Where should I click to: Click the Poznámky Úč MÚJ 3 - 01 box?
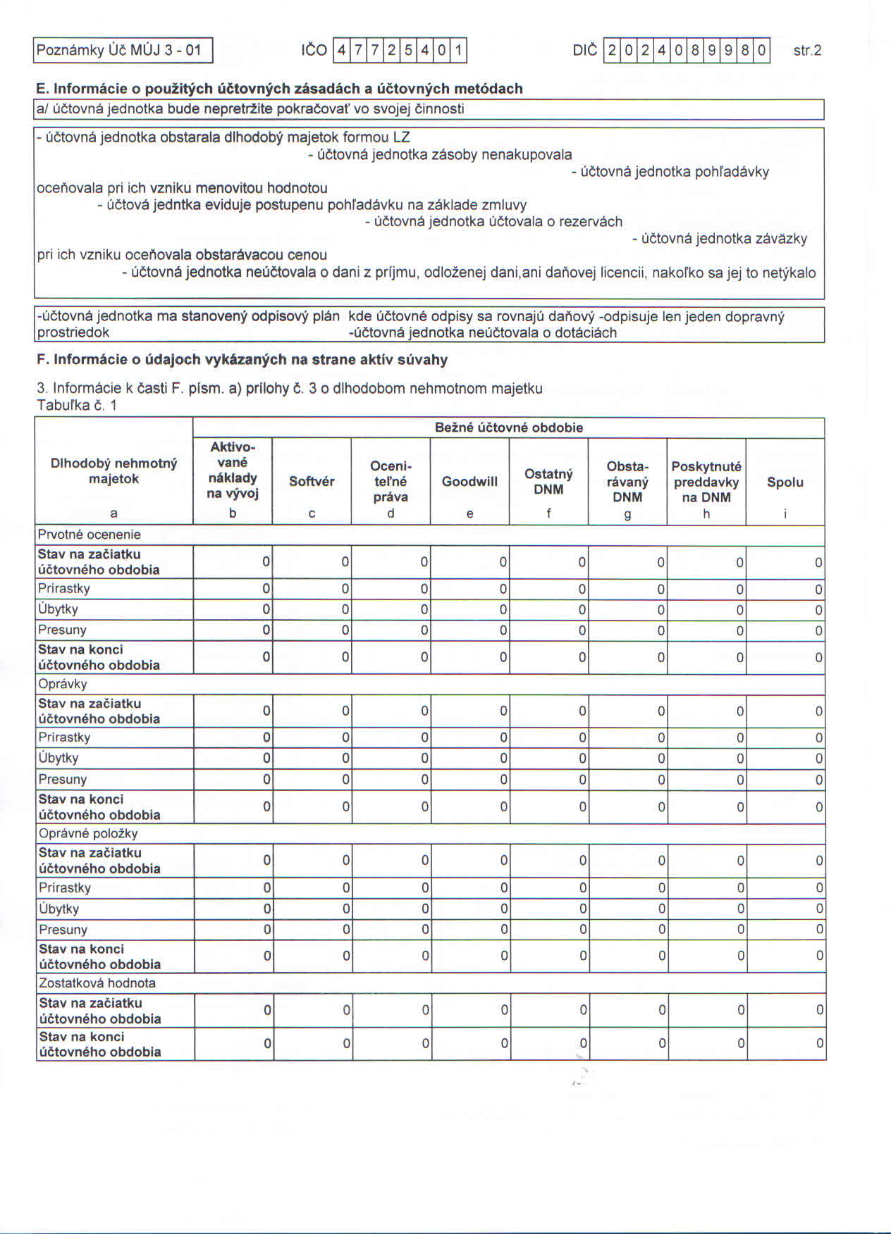point(123,51)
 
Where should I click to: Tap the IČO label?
point(314,51)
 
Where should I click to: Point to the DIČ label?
point(584,51)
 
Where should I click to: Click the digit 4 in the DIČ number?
point(661,51)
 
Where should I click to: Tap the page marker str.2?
point(807,51)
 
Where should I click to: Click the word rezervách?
point(591,222)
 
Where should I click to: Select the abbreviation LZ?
point(401,137)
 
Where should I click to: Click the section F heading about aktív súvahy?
point(242,360)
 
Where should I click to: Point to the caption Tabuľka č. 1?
point(77,405)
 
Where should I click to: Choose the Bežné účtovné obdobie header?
point(508,428)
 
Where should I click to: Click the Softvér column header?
point(312,482)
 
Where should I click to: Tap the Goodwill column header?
point(469,482)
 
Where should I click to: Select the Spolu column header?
point(785,482)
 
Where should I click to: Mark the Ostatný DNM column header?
point(548,482)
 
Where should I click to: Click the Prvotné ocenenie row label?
point(90,535)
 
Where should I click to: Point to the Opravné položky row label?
point(88,834)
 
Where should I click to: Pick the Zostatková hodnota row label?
point(97,983)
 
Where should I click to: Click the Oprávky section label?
point(63,685)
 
